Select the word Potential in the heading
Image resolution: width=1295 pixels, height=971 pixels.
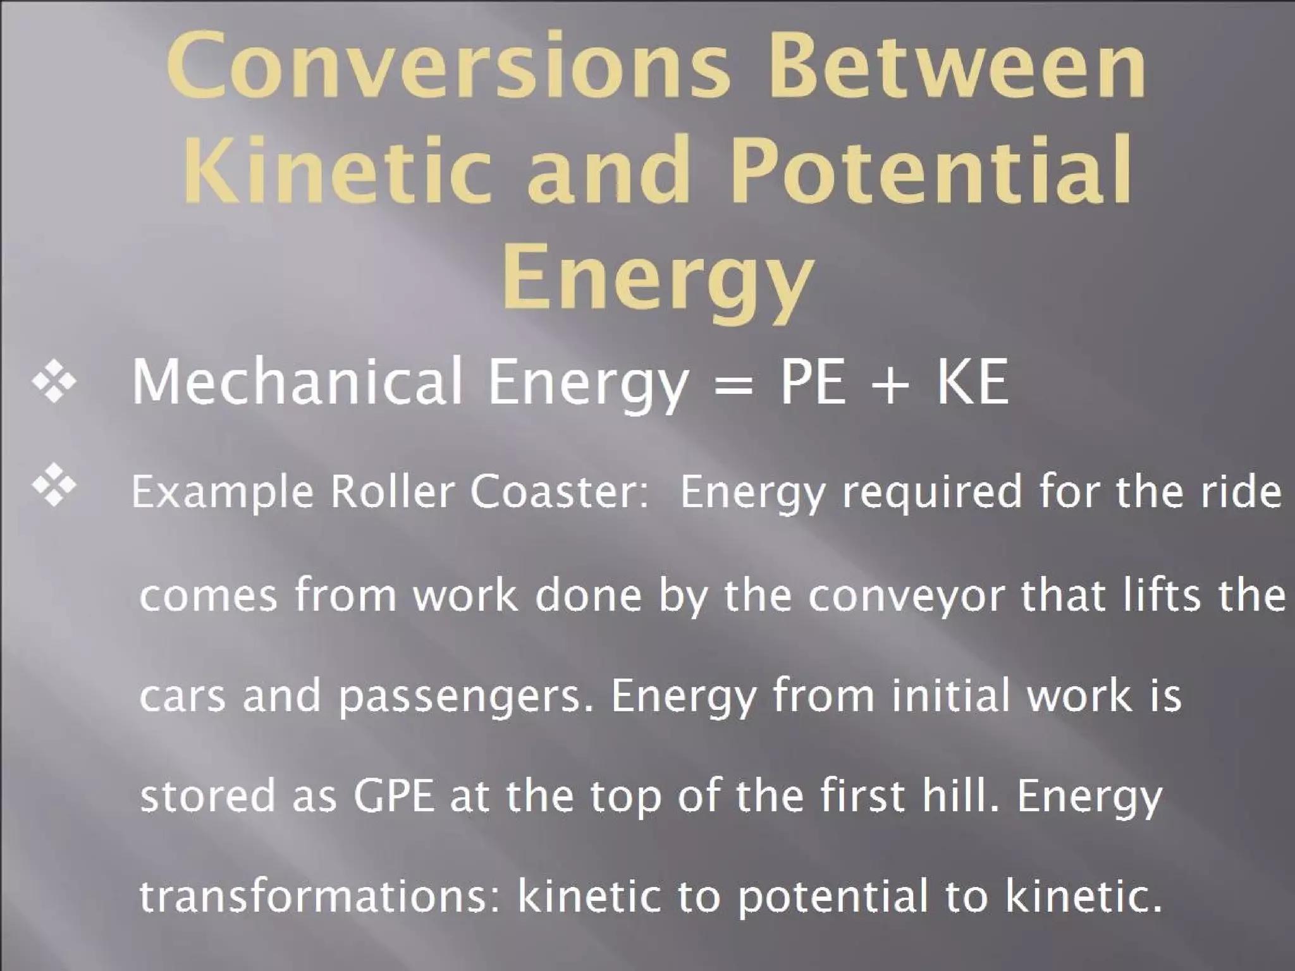point(930,172)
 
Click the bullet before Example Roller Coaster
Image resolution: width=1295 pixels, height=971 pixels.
point(54,485)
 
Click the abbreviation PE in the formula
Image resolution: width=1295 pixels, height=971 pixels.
point(813,382)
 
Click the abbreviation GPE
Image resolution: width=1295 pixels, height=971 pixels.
point(394,797)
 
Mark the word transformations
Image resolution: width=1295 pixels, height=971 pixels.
point(320,896)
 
